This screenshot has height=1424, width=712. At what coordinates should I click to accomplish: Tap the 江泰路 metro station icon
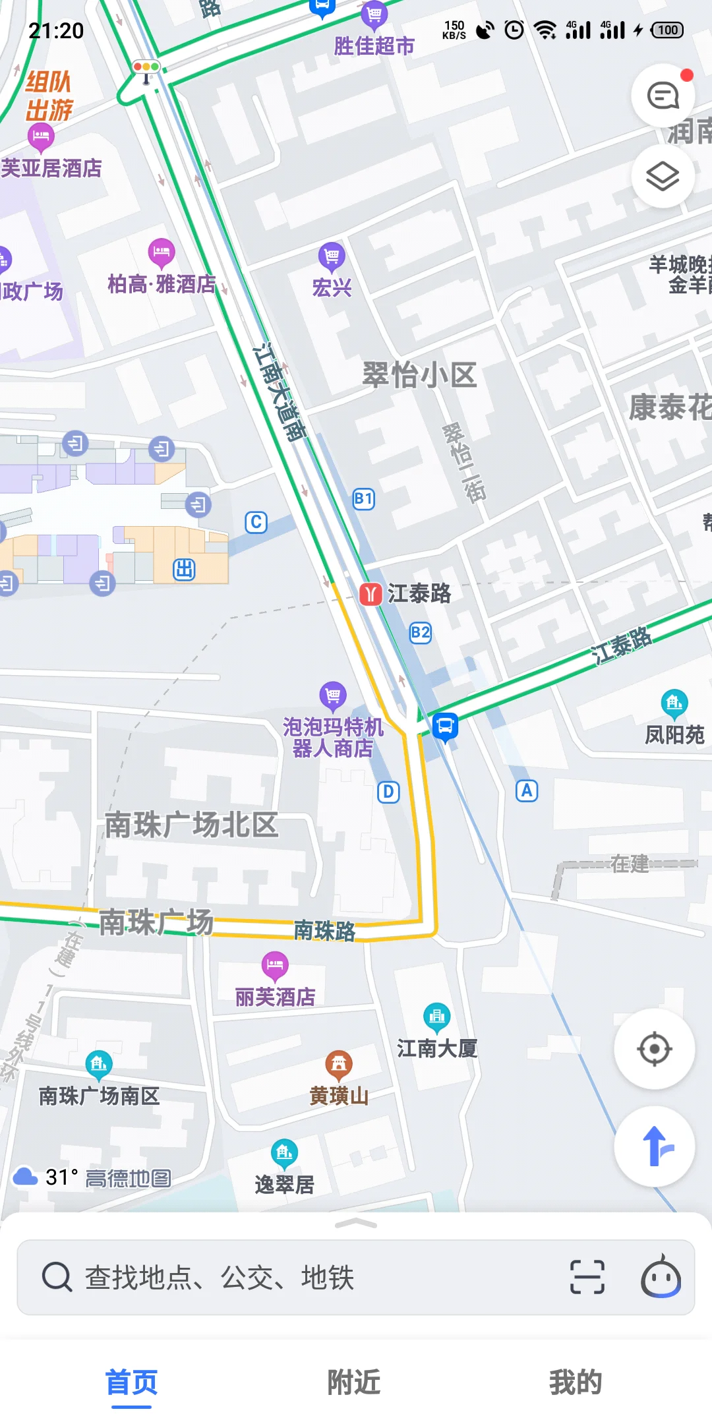[x=371, y=594]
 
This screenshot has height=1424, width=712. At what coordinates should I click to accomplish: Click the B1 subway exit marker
[x=364, y=498]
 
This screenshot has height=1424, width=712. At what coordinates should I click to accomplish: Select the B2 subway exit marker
[x=421, y=633]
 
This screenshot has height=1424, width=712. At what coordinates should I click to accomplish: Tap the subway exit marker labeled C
[x=256, y=522]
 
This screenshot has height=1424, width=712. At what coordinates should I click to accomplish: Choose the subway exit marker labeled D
[x=388, y=792]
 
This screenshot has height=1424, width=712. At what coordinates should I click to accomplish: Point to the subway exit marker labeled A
[x=527, y=790]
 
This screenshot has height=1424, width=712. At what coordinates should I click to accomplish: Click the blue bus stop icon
[x=445, y=727]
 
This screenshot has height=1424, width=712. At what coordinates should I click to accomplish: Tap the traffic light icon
[x=146, y=67]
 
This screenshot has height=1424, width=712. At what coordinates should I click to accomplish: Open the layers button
[x=663, y=176]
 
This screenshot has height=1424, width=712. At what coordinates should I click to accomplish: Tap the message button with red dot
[x=663, y=96]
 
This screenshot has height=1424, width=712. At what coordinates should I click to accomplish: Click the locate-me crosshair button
[x=654, y=1049]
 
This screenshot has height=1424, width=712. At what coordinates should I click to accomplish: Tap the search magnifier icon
[x=57, y=1277]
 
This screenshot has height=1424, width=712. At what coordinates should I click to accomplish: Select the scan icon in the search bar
[x=587, y=1277]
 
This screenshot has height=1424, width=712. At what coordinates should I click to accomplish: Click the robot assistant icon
[x=661, y=1277]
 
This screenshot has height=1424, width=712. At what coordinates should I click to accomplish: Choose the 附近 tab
[x=355, y=1382]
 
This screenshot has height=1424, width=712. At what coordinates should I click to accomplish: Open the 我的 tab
[x=576, y=1382]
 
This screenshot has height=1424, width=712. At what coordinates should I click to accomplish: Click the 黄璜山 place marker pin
[x=339, y=1063]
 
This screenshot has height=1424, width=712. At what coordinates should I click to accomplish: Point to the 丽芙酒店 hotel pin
[x=275, y=966]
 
